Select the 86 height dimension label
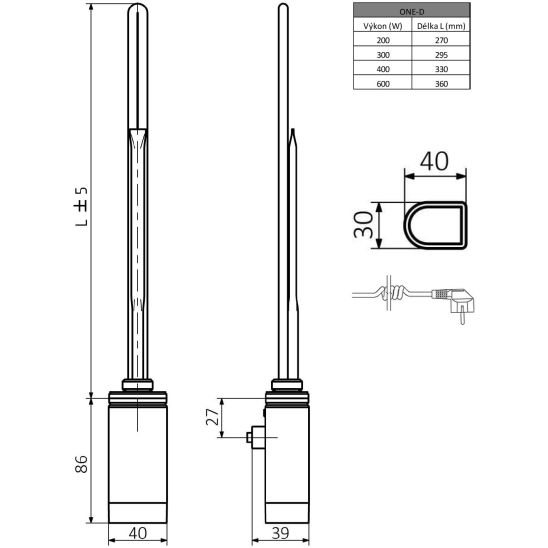click(83, 463)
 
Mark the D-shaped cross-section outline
click(434, 226)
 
